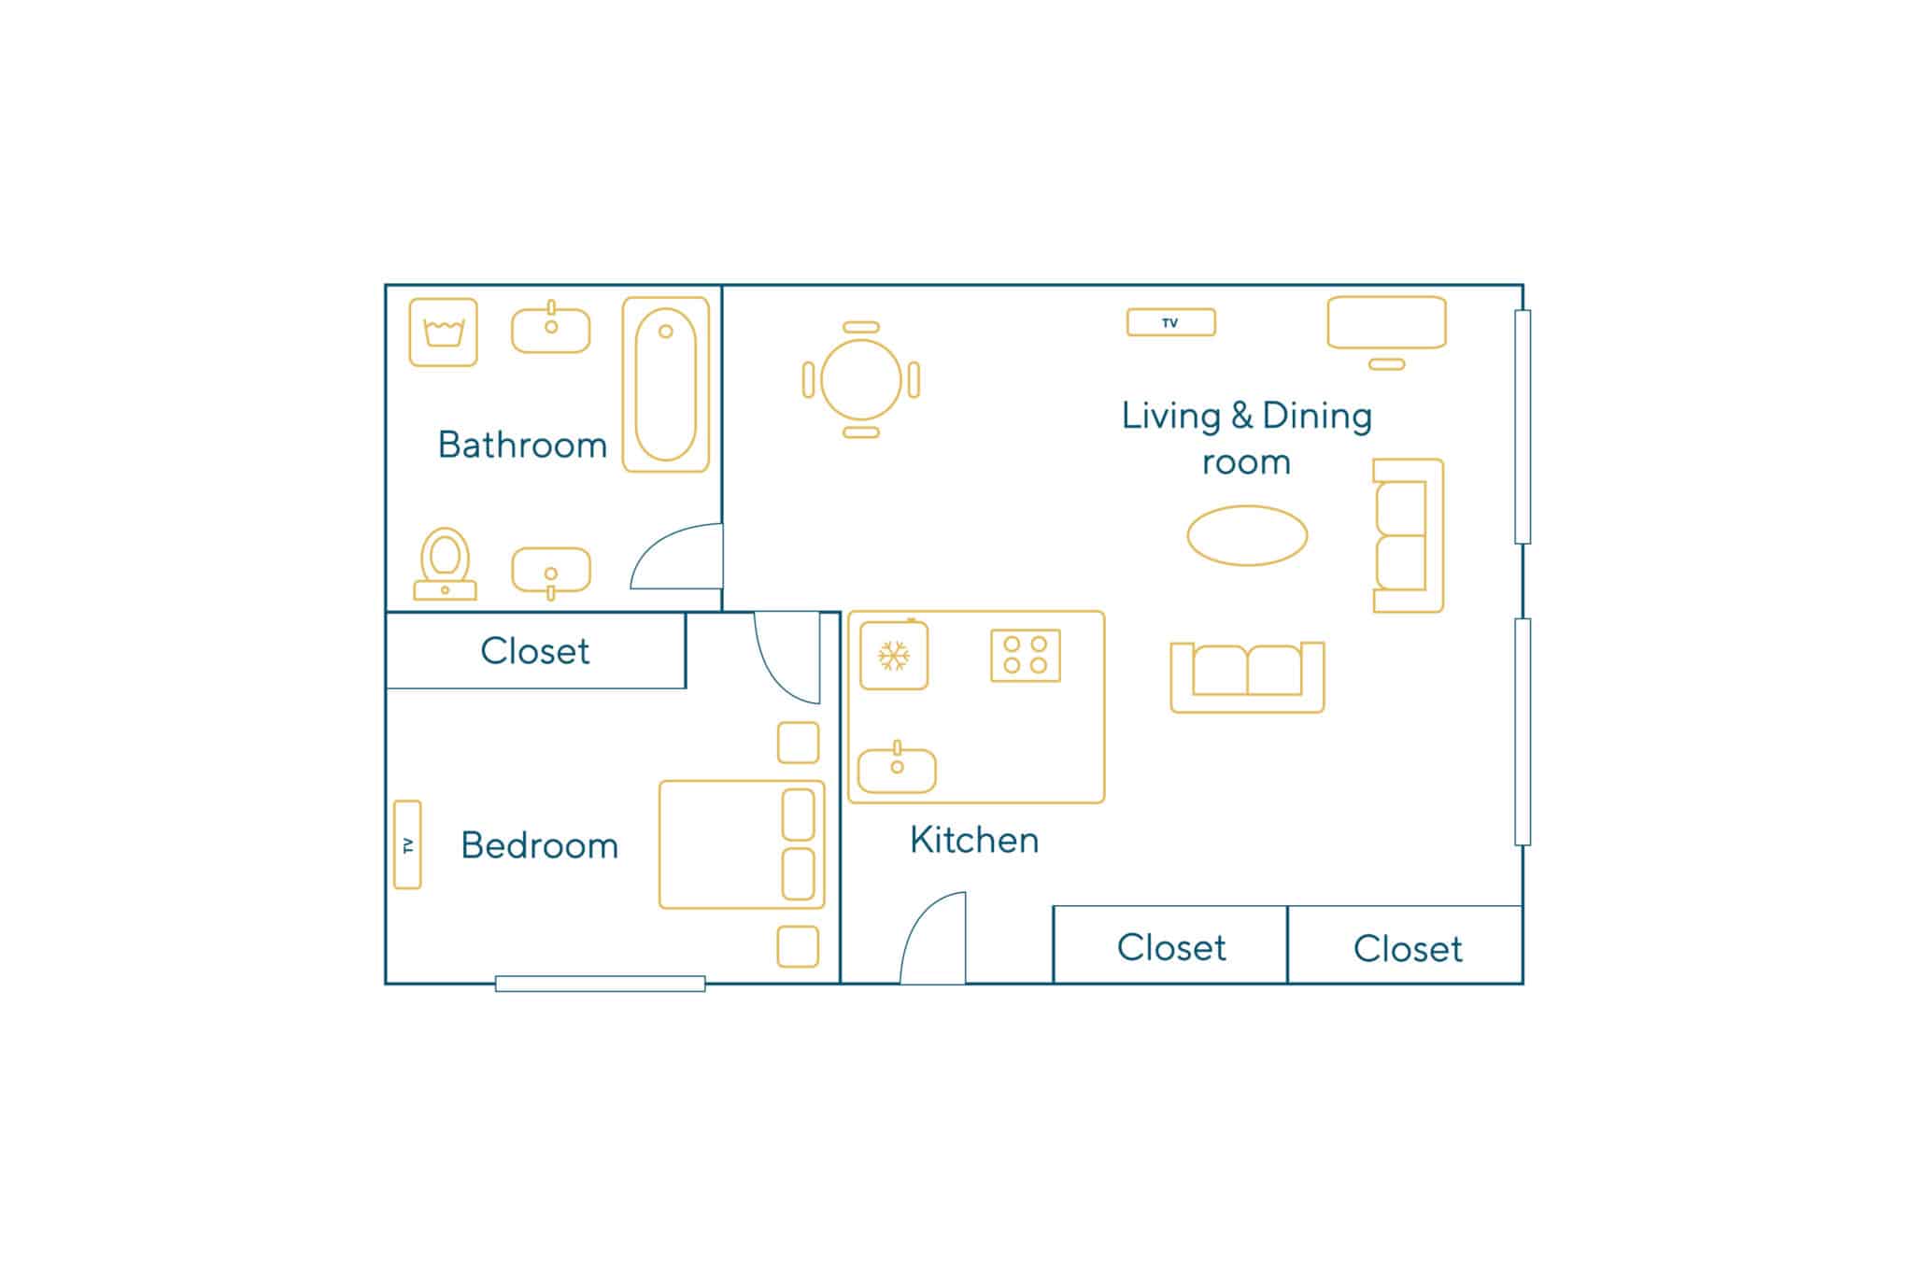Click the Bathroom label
[522, 445]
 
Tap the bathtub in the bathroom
[666, 385]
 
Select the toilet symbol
[445, 564]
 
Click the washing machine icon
[444, 333]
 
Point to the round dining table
[861, 380]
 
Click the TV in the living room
[1170, 322]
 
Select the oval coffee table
[1247, 535]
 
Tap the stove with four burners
[1026, 655]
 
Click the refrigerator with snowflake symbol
[894, 655]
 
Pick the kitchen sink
[897, 769]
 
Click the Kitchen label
[974, 840]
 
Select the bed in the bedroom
[742, 844]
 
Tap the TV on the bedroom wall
[407, 844]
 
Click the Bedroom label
[540, 845]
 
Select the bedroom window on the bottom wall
[600, 984]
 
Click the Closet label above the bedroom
[535, 651]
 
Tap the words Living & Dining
[1247, 416]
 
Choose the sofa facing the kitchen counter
[1247, 678]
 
